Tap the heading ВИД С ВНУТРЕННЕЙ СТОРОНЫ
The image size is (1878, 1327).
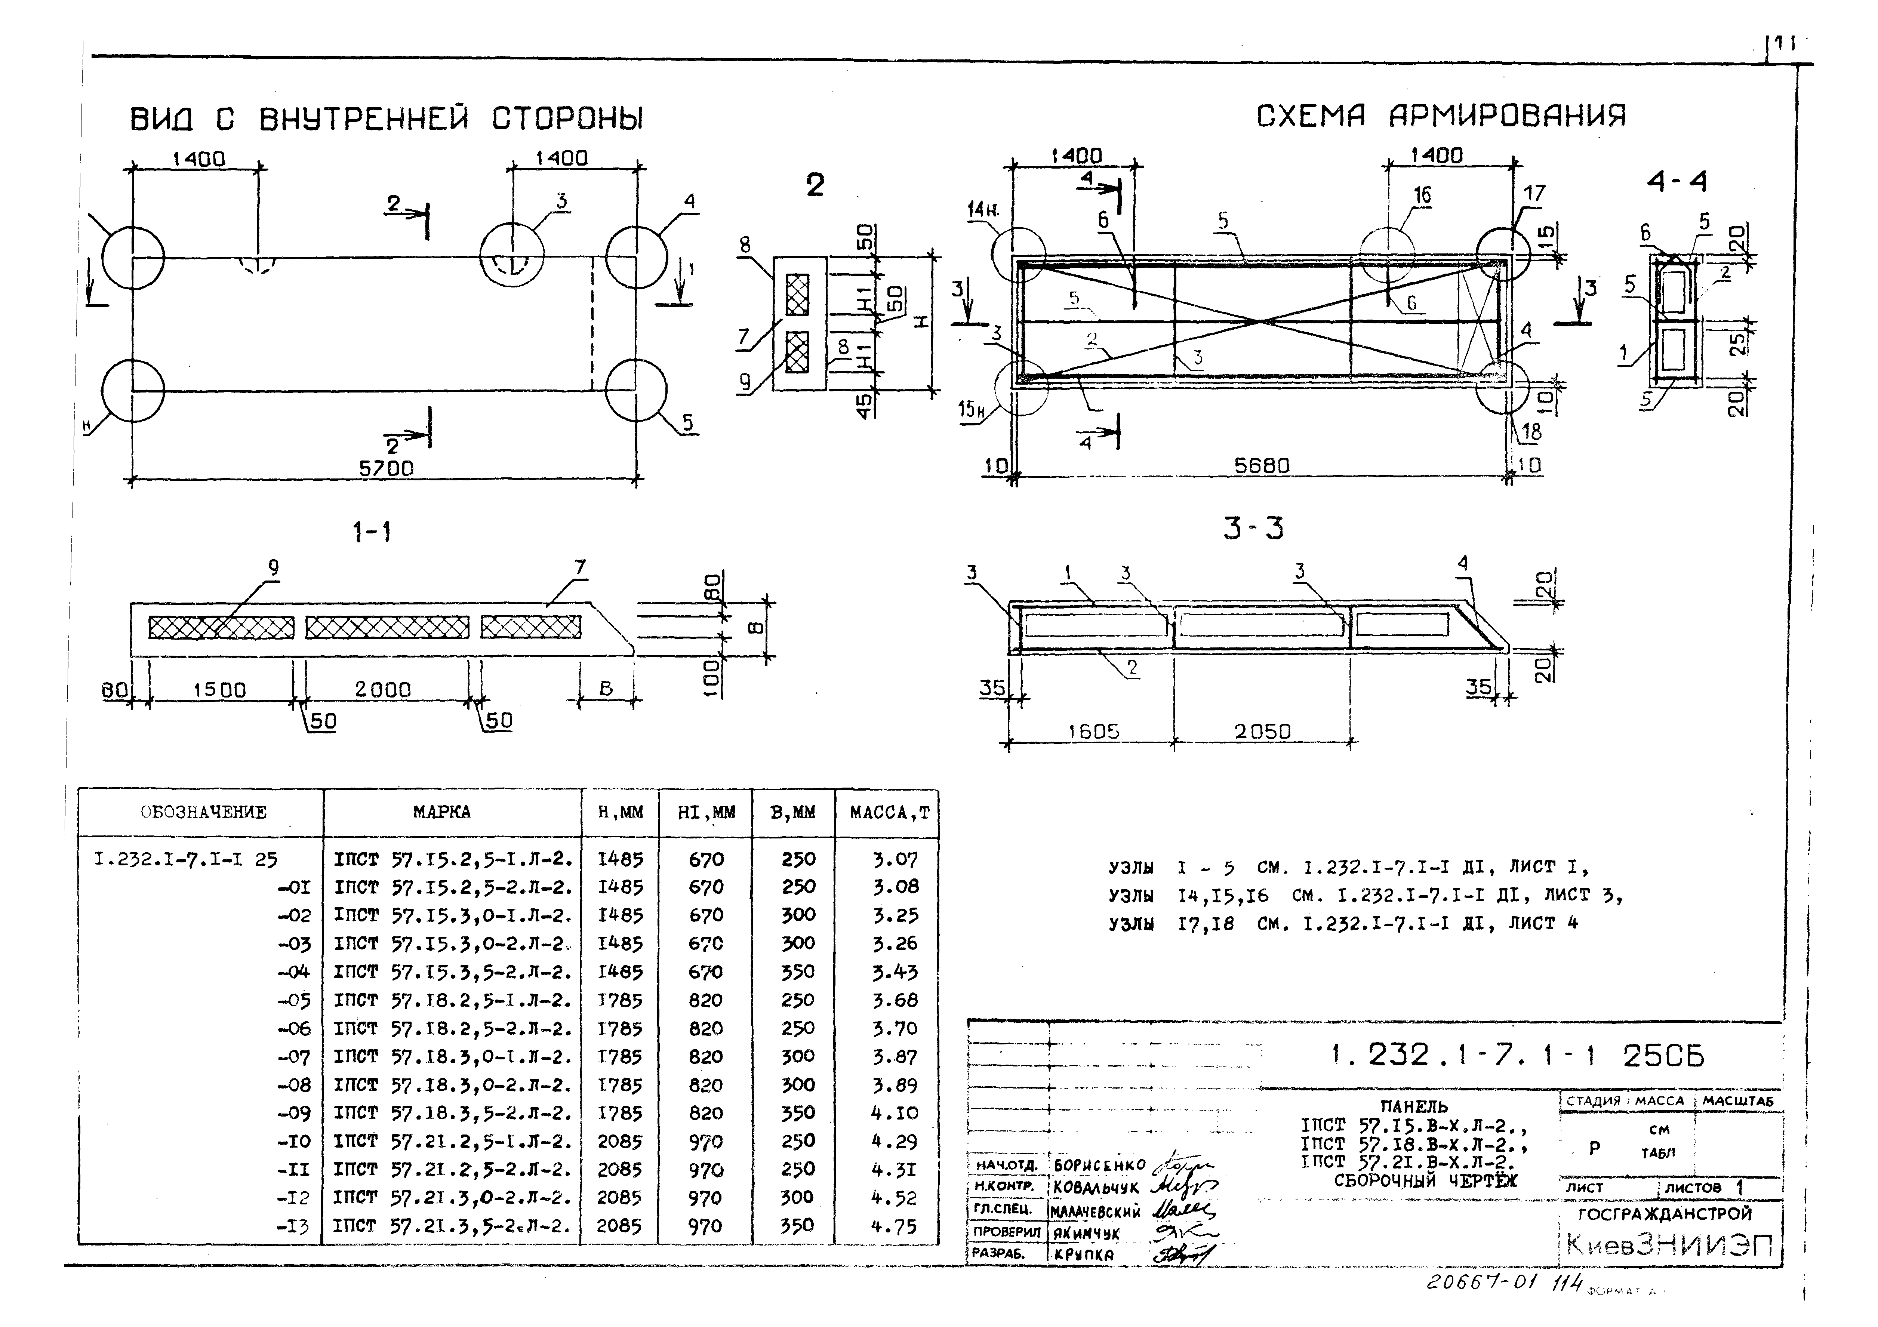pos(387,120)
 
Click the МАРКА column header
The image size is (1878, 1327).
pos(442,812)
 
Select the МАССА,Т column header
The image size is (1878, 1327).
pos(889,812)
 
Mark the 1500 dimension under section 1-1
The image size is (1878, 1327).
pos(219,690)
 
